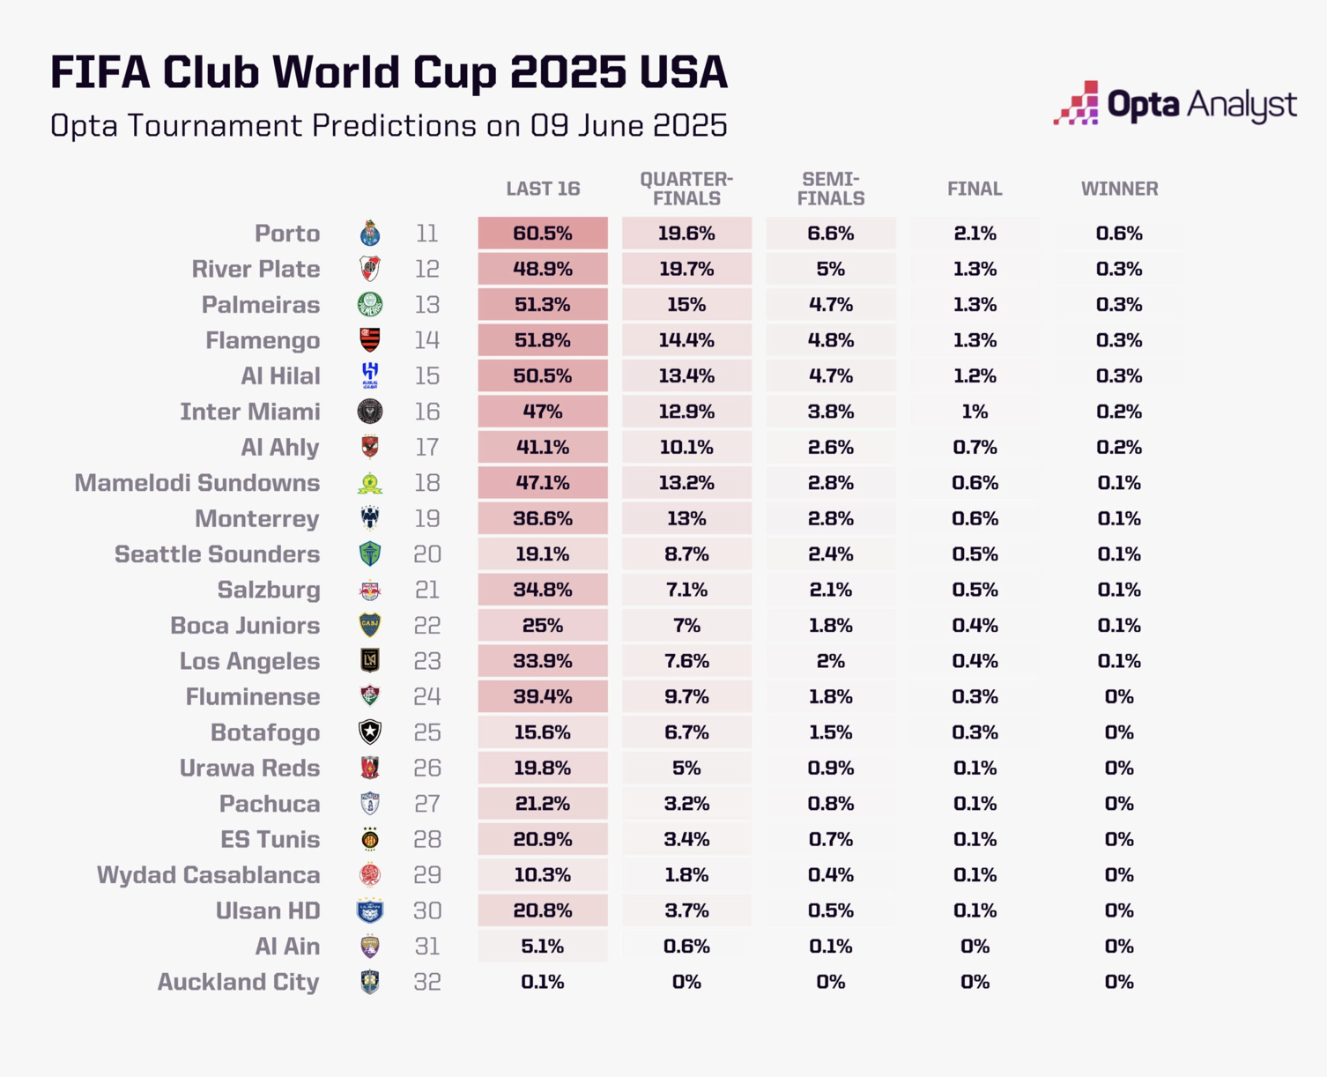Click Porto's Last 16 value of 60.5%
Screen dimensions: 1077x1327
pos(543,234)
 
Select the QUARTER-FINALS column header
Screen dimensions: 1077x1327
pos(686,189)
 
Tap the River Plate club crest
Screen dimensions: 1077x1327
pos(370,269)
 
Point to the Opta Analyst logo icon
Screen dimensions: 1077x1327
pos(1077,103)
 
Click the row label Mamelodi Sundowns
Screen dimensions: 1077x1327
pos(196,483)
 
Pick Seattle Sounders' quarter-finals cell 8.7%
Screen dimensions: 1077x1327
pos(686,554)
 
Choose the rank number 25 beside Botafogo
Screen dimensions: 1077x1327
pos(427,732)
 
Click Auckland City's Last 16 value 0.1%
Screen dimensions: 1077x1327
pos(543,982)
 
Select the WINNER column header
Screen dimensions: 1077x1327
pos(1119,189)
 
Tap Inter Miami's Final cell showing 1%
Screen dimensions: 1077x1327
pos(975,412)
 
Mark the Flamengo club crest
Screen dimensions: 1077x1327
pos(370,340)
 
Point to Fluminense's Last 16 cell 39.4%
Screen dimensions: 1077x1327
pos(543,697)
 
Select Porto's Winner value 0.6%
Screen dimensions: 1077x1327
pos(1119,234)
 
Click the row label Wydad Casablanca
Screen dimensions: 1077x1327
pos(208,875)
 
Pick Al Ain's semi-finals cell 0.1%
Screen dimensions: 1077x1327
pos(830,947)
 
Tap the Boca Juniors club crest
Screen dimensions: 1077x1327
pos(370,626)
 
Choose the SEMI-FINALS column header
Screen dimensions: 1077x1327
pos(830,189)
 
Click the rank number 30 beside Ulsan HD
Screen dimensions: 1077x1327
pos(427,910)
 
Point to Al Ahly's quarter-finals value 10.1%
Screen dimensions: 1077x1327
pos(686,448)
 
